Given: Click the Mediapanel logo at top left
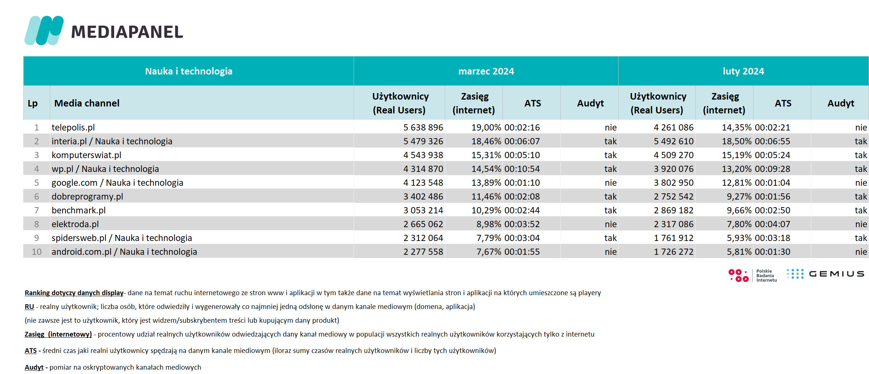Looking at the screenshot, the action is pos(104,31).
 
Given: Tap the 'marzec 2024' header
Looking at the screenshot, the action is pos(486,71).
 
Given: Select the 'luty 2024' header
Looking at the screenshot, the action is pos(743,71).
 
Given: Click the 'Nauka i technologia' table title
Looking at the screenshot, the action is pos(189,71).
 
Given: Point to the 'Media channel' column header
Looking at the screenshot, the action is pos(87,103).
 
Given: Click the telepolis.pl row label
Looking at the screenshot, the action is pos(73,128).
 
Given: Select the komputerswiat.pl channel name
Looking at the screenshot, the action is pos(87,155).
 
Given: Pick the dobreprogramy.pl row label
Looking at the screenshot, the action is pos(87,197).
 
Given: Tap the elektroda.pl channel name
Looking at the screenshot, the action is pos(75,224).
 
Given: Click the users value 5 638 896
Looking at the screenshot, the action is pos(423,128).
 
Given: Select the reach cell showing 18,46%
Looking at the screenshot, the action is pos(486,141).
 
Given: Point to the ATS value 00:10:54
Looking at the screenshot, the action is pos(522,169).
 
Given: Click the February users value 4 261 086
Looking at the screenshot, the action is pos(673,128).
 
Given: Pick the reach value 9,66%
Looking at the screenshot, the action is pos(739,210).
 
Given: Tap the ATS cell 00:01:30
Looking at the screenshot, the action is pos(772,252).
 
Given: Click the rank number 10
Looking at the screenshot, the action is pos(37,252).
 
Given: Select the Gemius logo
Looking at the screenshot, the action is pos(825,274).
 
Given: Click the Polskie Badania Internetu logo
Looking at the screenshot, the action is pos(752,276).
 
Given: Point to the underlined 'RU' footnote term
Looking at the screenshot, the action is pos(29,306).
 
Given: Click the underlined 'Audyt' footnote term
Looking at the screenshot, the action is pos(34,367).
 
